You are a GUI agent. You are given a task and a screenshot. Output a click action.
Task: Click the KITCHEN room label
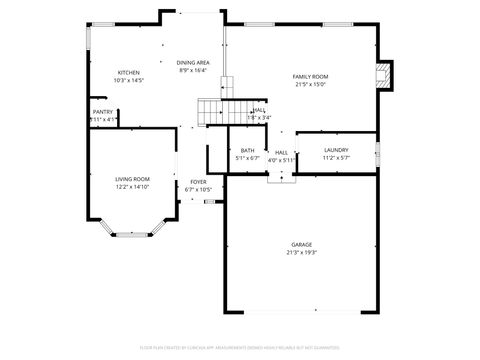coord(129,72)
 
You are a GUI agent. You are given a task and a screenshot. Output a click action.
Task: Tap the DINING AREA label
coord(193,62)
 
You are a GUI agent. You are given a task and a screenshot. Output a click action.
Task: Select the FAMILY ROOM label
coord(310,77)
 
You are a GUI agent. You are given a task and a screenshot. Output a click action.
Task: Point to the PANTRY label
coord(103,112)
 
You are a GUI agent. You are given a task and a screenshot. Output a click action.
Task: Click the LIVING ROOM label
coord(132,179)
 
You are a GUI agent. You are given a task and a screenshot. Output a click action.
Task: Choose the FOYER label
coord(198,182)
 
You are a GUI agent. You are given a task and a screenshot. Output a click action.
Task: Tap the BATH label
coord(247,151)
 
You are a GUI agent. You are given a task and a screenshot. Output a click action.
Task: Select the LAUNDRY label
coord(334,151)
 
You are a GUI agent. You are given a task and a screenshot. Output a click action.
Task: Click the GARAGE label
coord(301,245)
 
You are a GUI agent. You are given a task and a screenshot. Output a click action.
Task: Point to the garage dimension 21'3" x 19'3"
coord(301,253)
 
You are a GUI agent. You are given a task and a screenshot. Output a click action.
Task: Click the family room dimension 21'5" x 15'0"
coord(310,85)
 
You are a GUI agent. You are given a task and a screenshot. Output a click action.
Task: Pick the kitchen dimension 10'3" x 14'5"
coord(129,80)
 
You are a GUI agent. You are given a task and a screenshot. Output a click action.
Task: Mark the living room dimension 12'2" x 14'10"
coord(132,187)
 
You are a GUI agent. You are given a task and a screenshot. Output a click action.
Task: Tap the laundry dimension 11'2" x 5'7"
coord(334,158)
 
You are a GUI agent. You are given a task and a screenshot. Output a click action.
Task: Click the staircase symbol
coord(210,111)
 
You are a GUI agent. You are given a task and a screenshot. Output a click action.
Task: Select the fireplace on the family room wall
coord(379,76)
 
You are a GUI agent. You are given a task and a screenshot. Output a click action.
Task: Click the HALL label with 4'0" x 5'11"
coord(281,152)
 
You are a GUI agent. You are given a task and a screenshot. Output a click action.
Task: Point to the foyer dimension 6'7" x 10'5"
coord(198,190)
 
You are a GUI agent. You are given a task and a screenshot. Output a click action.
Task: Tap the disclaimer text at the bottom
coord(240,348)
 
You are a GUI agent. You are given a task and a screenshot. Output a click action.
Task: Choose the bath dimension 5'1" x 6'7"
coord(247,158)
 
